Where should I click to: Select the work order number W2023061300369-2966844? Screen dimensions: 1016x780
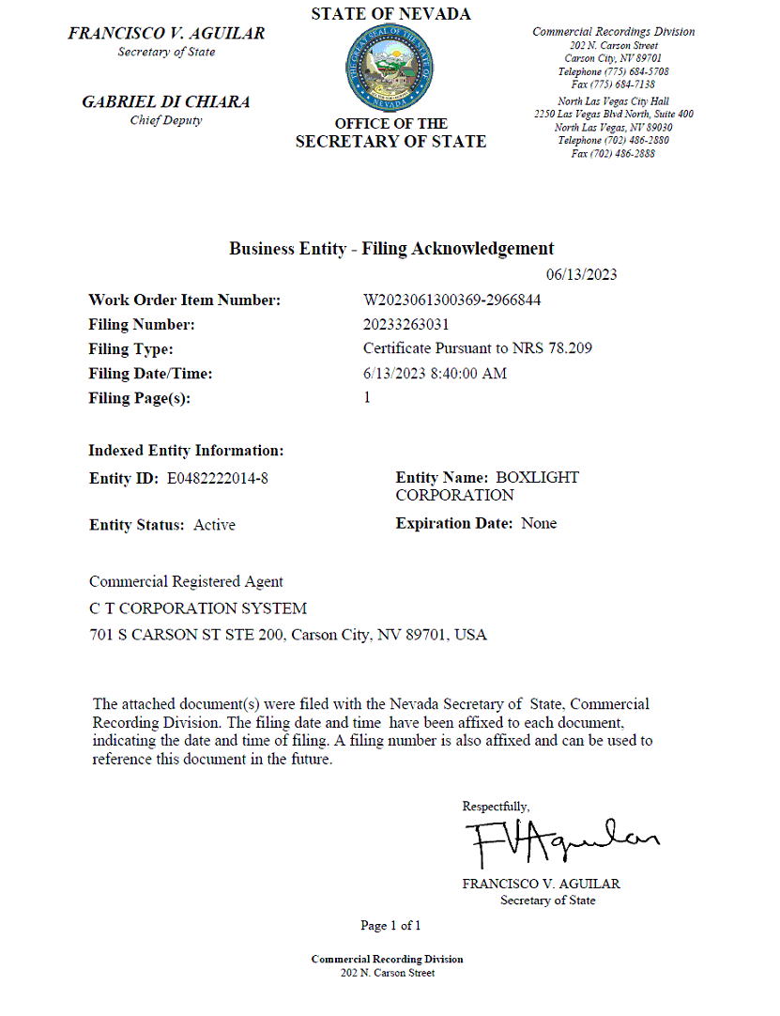click(451, 300)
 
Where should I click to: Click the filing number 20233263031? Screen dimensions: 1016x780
click(406, 325)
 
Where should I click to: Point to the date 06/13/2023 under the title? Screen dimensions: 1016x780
click(581, 274)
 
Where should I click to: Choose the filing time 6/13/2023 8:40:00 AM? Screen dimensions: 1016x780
click(435, 374)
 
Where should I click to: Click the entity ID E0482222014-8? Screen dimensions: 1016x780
click(218, 479)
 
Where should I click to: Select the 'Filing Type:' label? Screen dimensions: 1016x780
click(130, 349)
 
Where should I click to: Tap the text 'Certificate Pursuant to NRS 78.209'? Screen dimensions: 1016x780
click(477, 349)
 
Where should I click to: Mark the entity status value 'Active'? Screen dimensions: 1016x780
click(214, 525)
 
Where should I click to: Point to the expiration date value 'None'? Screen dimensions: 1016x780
click(539, 524)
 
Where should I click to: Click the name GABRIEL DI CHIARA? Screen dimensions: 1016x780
click(166, 102)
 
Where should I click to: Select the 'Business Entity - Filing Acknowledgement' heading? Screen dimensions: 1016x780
click(391, 249)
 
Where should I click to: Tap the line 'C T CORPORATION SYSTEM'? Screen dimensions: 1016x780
click(197, 608)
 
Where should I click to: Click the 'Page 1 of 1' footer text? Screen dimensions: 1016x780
click(390, 926)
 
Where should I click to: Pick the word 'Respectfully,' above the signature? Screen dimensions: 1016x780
click(496, 807)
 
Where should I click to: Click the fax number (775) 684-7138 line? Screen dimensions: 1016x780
click(613, 85)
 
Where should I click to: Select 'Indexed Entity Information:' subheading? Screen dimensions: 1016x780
click(186, 451)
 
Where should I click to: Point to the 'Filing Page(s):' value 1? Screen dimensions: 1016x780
click(367, 398)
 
